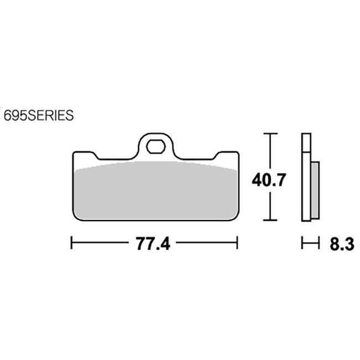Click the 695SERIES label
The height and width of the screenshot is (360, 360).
(x=39, y=115)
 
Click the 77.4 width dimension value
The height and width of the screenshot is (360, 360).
(x=153, y=244)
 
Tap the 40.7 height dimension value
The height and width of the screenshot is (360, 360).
(x=269, y=180)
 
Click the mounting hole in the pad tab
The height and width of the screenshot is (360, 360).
(x=156, y=146)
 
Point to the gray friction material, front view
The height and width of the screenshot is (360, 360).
(x=156, y=190)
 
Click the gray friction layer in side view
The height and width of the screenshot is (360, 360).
(x=315, y=191)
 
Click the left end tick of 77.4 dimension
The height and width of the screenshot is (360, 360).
(x=71, y=243)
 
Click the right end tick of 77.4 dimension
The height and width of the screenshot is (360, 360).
(x=238, y=243)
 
